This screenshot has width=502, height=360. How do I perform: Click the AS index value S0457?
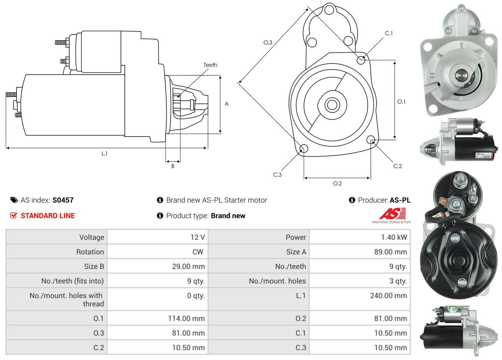pyautogui.click(x=63, y=200)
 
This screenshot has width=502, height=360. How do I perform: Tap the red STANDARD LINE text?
pyautogui.click(x=48, y=216)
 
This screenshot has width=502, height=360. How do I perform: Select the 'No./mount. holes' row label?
pyautogui.click(x=277, y=281)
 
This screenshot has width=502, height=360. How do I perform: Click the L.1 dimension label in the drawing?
pyautogui.click(x=104, y=153)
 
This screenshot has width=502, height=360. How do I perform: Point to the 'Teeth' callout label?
pyautogui.click(x=210, y=65)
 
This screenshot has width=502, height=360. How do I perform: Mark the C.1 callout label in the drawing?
pyautogui.click(x=389, y=33)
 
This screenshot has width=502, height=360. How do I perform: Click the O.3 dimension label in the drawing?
pyautogui.click(x=268, y=42)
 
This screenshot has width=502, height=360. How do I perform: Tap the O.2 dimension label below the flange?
pyautogui.click(x=337, y=183)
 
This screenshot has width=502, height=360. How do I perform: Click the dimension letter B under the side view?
pyautogui.click(x=173, y=167)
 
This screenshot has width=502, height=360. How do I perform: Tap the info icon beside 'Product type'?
pyautogui.click(x=160, y=216)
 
